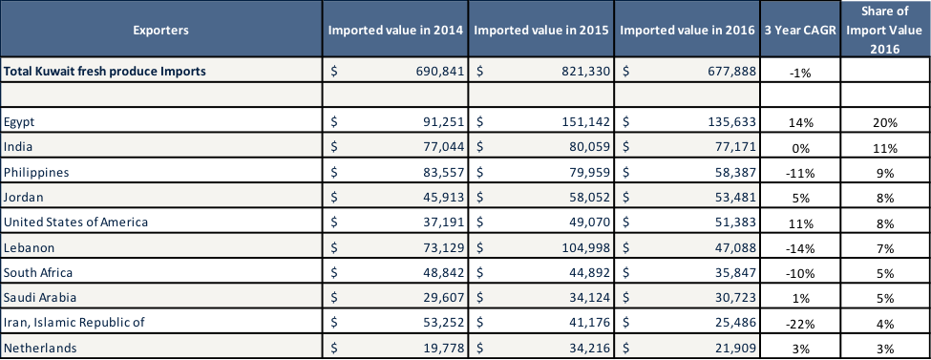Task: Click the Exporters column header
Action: point(161,31)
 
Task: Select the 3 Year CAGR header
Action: point(799,31)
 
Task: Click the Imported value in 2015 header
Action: point(541,31)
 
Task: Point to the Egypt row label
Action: point(20,121)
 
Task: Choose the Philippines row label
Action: point(33,172)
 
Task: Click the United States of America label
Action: point(75,222)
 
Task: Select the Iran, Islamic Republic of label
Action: point(74,322)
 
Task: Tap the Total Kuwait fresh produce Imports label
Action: point(105,70)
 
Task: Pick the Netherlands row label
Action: point(40,348)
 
